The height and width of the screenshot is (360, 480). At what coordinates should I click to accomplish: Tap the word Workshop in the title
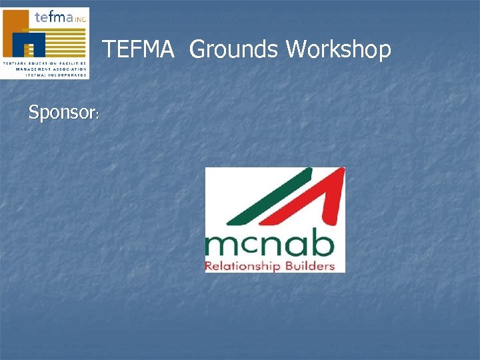coord(339,49)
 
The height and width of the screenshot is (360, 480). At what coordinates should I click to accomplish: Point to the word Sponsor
coord(62,113)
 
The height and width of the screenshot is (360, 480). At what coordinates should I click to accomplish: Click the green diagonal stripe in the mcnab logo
coord(267,197)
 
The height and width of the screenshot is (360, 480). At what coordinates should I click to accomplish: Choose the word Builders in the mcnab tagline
coord(306,266)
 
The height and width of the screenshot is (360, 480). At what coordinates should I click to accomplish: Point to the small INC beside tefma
coord(80,19)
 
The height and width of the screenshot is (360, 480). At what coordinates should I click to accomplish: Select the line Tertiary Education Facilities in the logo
coord(45,63)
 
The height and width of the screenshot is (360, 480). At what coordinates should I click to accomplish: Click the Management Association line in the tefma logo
coord(45,69)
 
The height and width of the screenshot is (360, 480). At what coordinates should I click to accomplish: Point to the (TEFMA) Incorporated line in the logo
coord(46,75)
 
